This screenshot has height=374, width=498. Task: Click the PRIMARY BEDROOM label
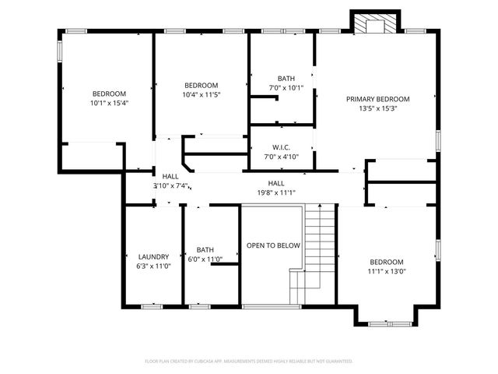pos(378,99)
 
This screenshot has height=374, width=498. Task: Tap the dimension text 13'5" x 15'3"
pos(378,109)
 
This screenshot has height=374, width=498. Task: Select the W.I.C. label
pos(281,147)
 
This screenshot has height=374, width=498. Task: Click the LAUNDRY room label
pos(153,256)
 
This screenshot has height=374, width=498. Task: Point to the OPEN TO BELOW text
pos(273,245)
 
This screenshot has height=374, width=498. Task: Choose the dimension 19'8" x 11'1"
pos(276,192)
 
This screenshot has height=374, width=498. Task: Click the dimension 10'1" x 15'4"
pos(109,102)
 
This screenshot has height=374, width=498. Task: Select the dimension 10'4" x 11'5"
pos(201,94)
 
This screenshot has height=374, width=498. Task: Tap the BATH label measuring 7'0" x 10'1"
pos(286,78)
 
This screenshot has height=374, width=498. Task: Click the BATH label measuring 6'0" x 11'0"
pos(205,250)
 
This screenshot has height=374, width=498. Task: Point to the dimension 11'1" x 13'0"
pos(387,271)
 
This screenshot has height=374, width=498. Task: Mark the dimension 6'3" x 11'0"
pos(153,266)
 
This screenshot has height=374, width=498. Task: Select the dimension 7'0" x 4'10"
pos(281,157)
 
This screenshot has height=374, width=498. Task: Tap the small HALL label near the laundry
pos(170,177)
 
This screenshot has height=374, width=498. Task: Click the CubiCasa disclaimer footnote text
pos(249,362)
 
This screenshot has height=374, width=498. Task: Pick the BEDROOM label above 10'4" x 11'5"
pos(201,85)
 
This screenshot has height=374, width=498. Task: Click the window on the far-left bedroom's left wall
pos(60,50)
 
